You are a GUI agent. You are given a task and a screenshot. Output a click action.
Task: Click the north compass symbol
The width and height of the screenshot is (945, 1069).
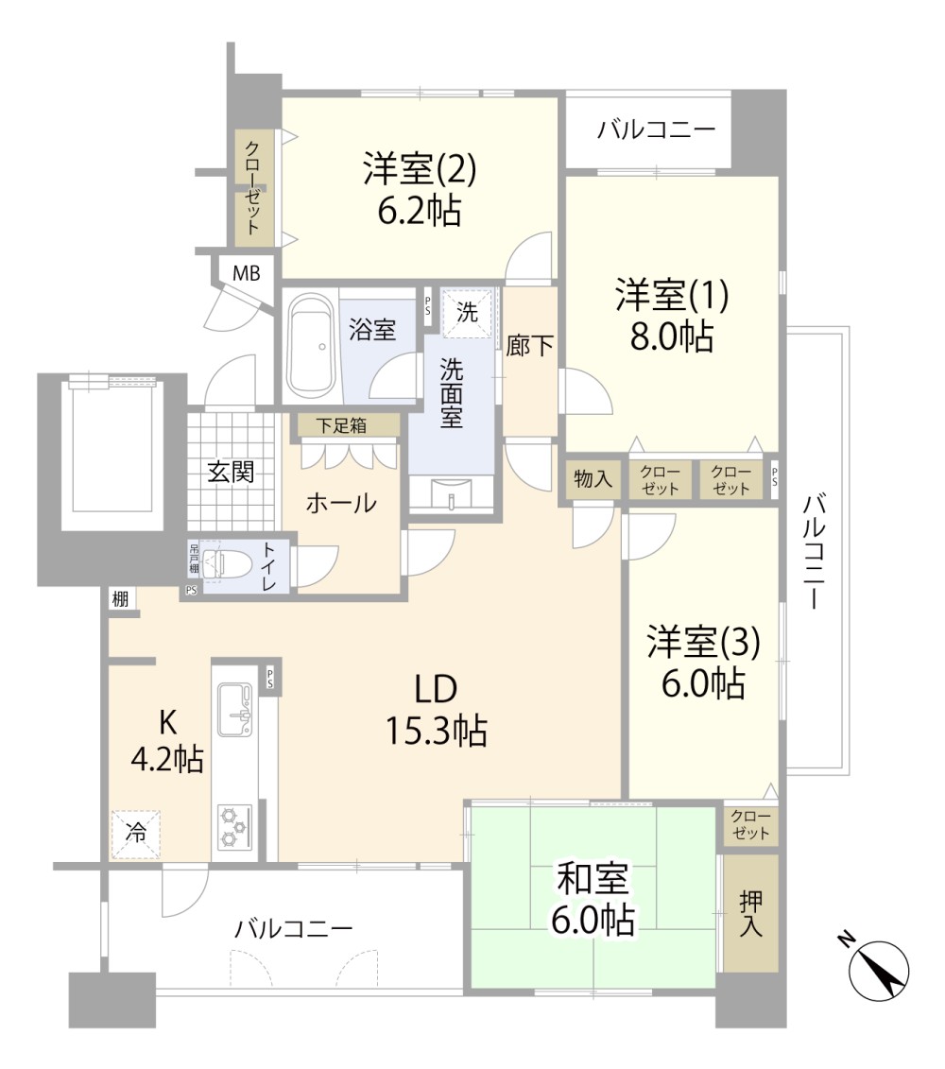879,971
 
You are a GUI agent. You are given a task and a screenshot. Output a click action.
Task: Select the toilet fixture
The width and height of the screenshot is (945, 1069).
219,566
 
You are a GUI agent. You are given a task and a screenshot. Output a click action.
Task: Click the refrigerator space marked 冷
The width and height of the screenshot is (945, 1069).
136,834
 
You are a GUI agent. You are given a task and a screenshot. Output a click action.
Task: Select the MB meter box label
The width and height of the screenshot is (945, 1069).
247,274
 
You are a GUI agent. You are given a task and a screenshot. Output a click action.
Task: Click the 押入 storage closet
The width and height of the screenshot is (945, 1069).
750,914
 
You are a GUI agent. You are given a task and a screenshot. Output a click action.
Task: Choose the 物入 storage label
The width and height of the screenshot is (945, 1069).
593,479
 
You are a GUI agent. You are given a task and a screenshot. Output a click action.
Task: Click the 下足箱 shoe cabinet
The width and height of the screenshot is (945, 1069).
345,425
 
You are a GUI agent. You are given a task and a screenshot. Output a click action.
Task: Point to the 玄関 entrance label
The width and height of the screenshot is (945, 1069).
231,472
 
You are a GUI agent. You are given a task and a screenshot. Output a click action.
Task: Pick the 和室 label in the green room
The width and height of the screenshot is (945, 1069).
593,879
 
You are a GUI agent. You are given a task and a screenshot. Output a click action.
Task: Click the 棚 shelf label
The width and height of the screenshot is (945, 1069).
120,598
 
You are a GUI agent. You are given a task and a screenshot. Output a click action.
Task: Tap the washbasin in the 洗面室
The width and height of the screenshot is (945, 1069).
453,494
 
